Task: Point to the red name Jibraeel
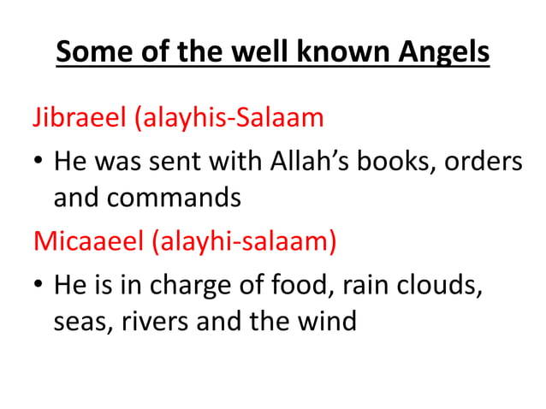pyautogui.click(x=79, y=116)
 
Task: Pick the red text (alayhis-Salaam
pyautogui.click(x=227, y=116)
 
